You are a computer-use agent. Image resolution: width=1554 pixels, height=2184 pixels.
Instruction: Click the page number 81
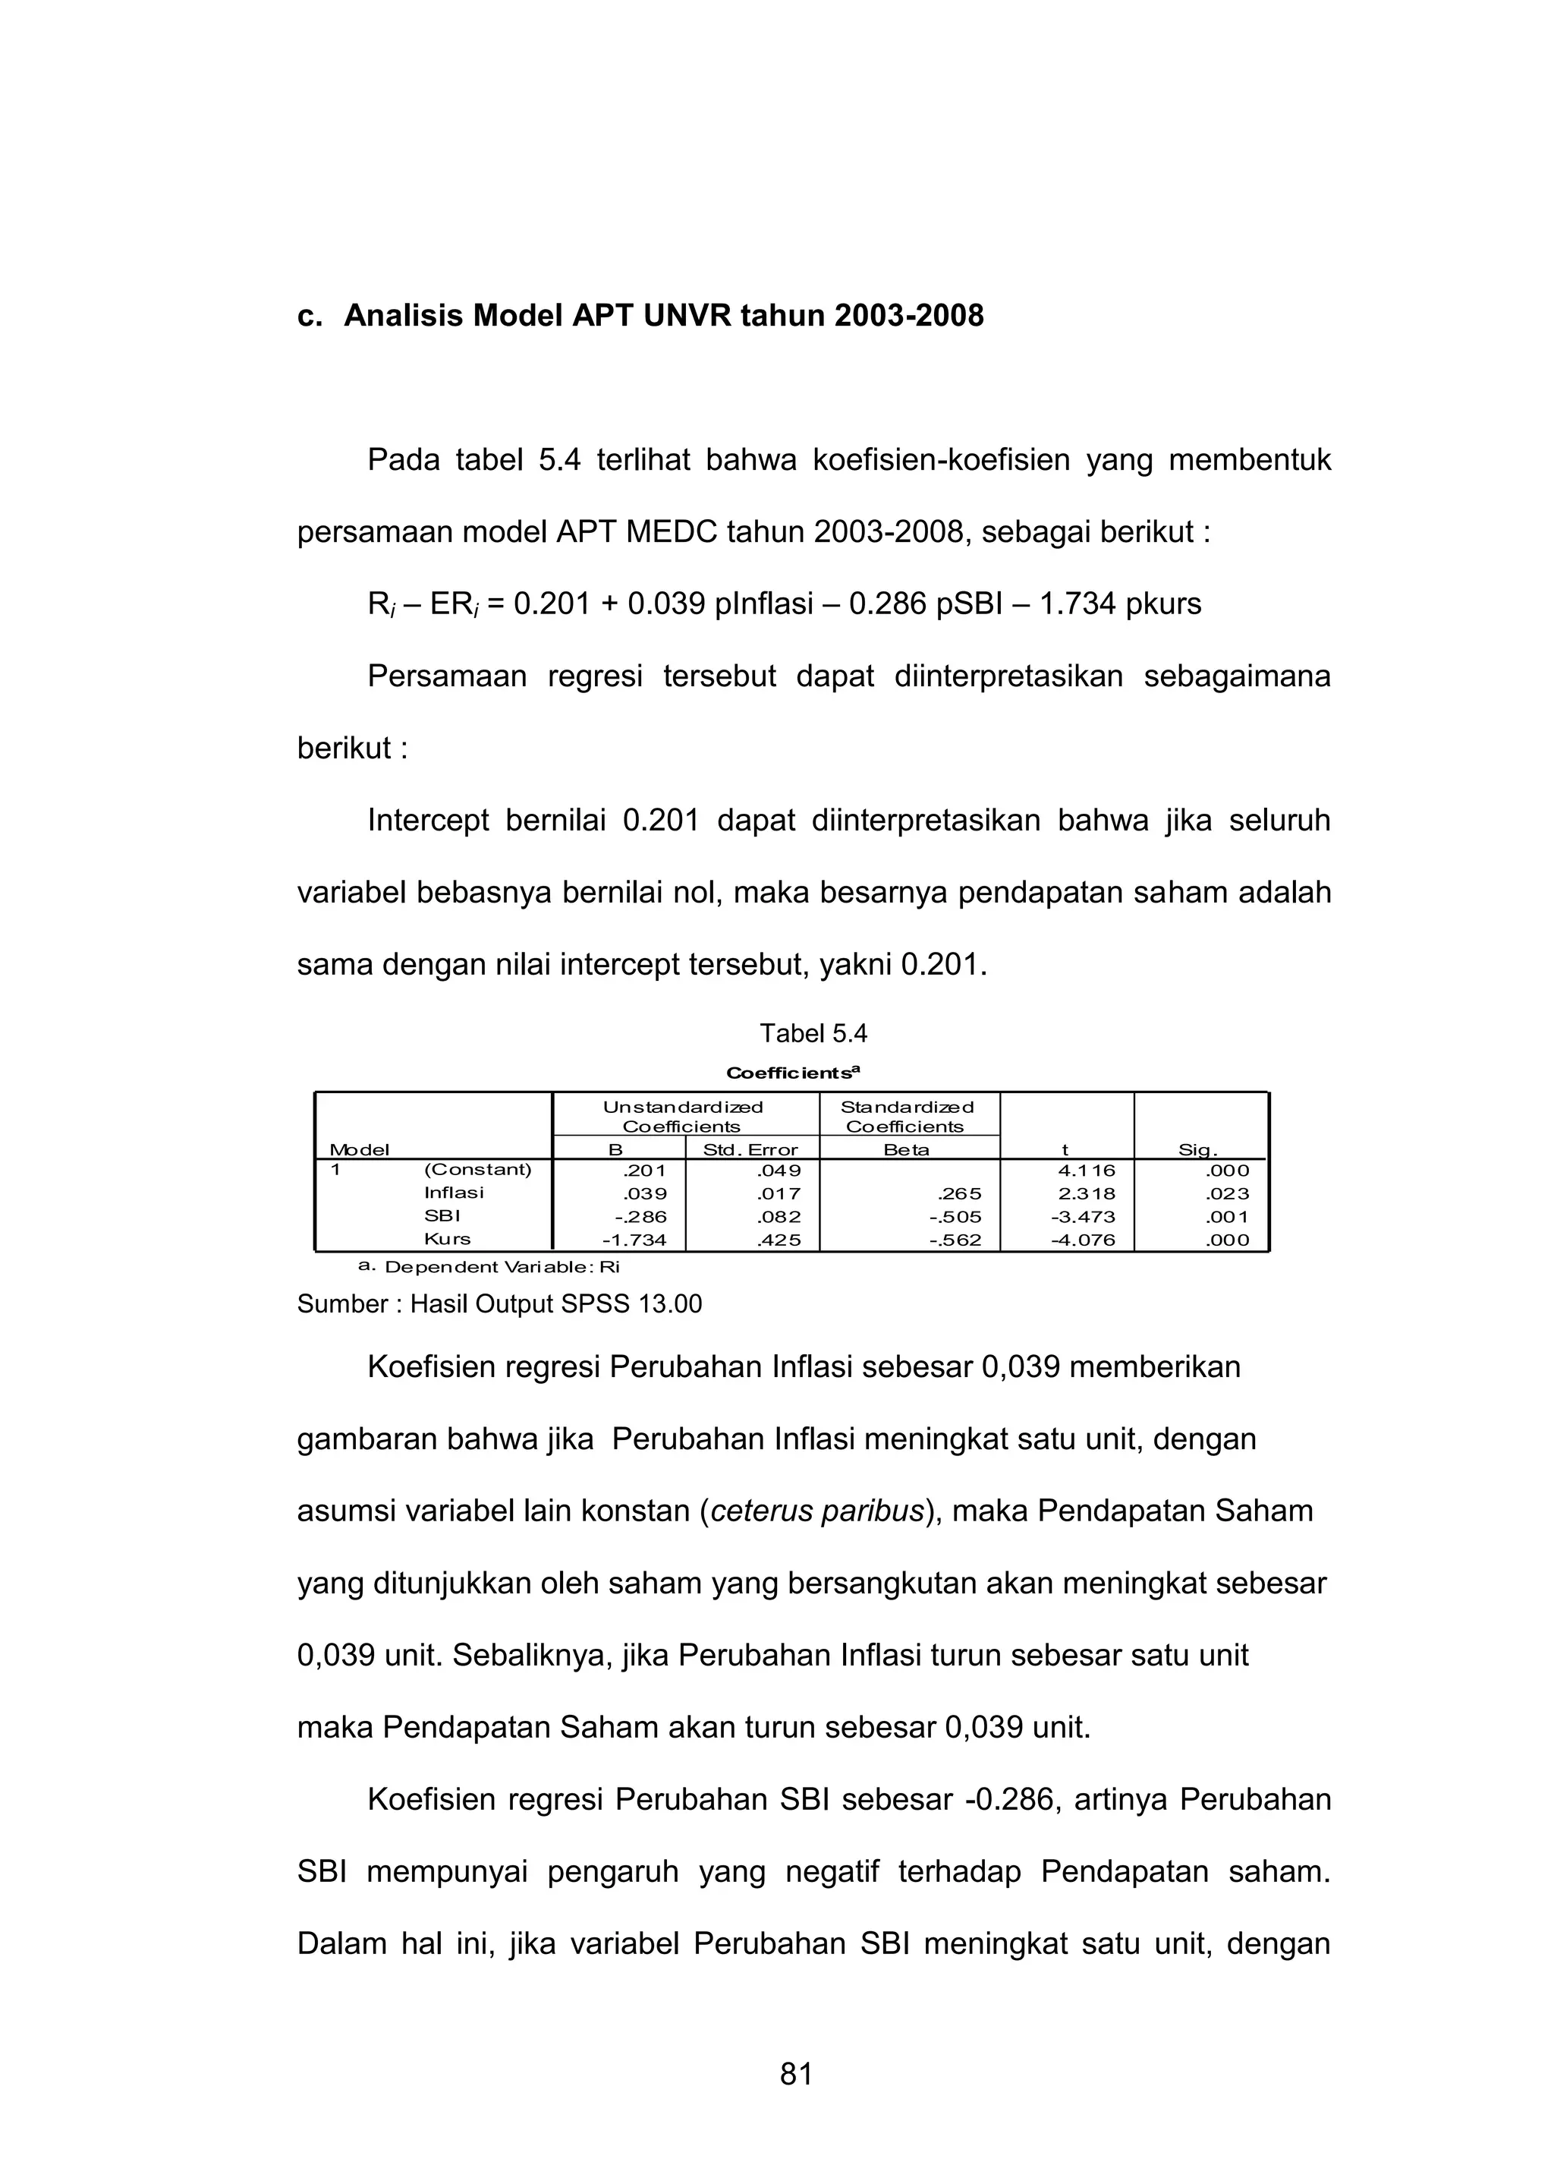coord(796,2074)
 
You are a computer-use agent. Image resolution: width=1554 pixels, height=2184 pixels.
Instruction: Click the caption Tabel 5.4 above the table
coord(813,1034)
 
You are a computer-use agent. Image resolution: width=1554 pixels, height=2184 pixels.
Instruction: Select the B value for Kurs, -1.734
coord(634,1240)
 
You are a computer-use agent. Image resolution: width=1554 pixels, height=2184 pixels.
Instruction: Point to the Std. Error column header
coord(750,1150)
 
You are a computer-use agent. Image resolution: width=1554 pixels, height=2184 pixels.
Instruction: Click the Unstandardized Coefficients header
coord(682,1117)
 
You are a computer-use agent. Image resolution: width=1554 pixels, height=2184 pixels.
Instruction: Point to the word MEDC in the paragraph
coord(671,531)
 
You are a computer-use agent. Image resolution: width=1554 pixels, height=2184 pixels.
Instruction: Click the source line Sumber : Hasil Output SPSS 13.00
coord(499,1304)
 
